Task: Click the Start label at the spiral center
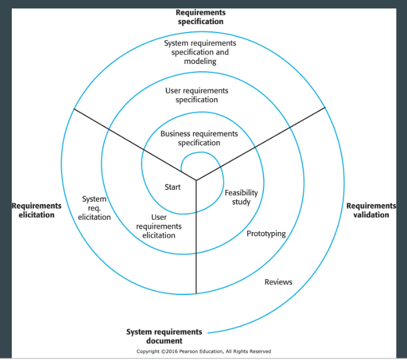[x=173, y=187]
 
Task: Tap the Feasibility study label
[x=241, y=197]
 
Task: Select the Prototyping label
[x=266, y=234]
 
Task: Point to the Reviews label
[x=278, y=282]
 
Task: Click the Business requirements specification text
[x=199, y=138]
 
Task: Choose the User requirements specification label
[x=197, y=95]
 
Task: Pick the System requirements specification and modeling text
[x=200, y=52]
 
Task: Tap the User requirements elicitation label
[x=159, y=227]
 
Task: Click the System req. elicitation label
[x=94, y=208]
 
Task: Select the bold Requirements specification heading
[x=201, y=17]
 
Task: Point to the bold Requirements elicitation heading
[x=36, y=210]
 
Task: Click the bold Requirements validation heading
[x=371, y=210]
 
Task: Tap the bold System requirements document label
[x=164, y=336]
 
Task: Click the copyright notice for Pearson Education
[x=203, y=352]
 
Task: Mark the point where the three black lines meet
[x=196, y=180]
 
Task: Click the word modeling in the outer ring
[x=200, y=62]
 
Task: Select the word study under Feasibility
[x=241, y=202]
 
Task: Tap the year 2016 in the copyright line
[x=172, y=352]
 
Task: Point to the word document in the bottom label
[x=164, y=340]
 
